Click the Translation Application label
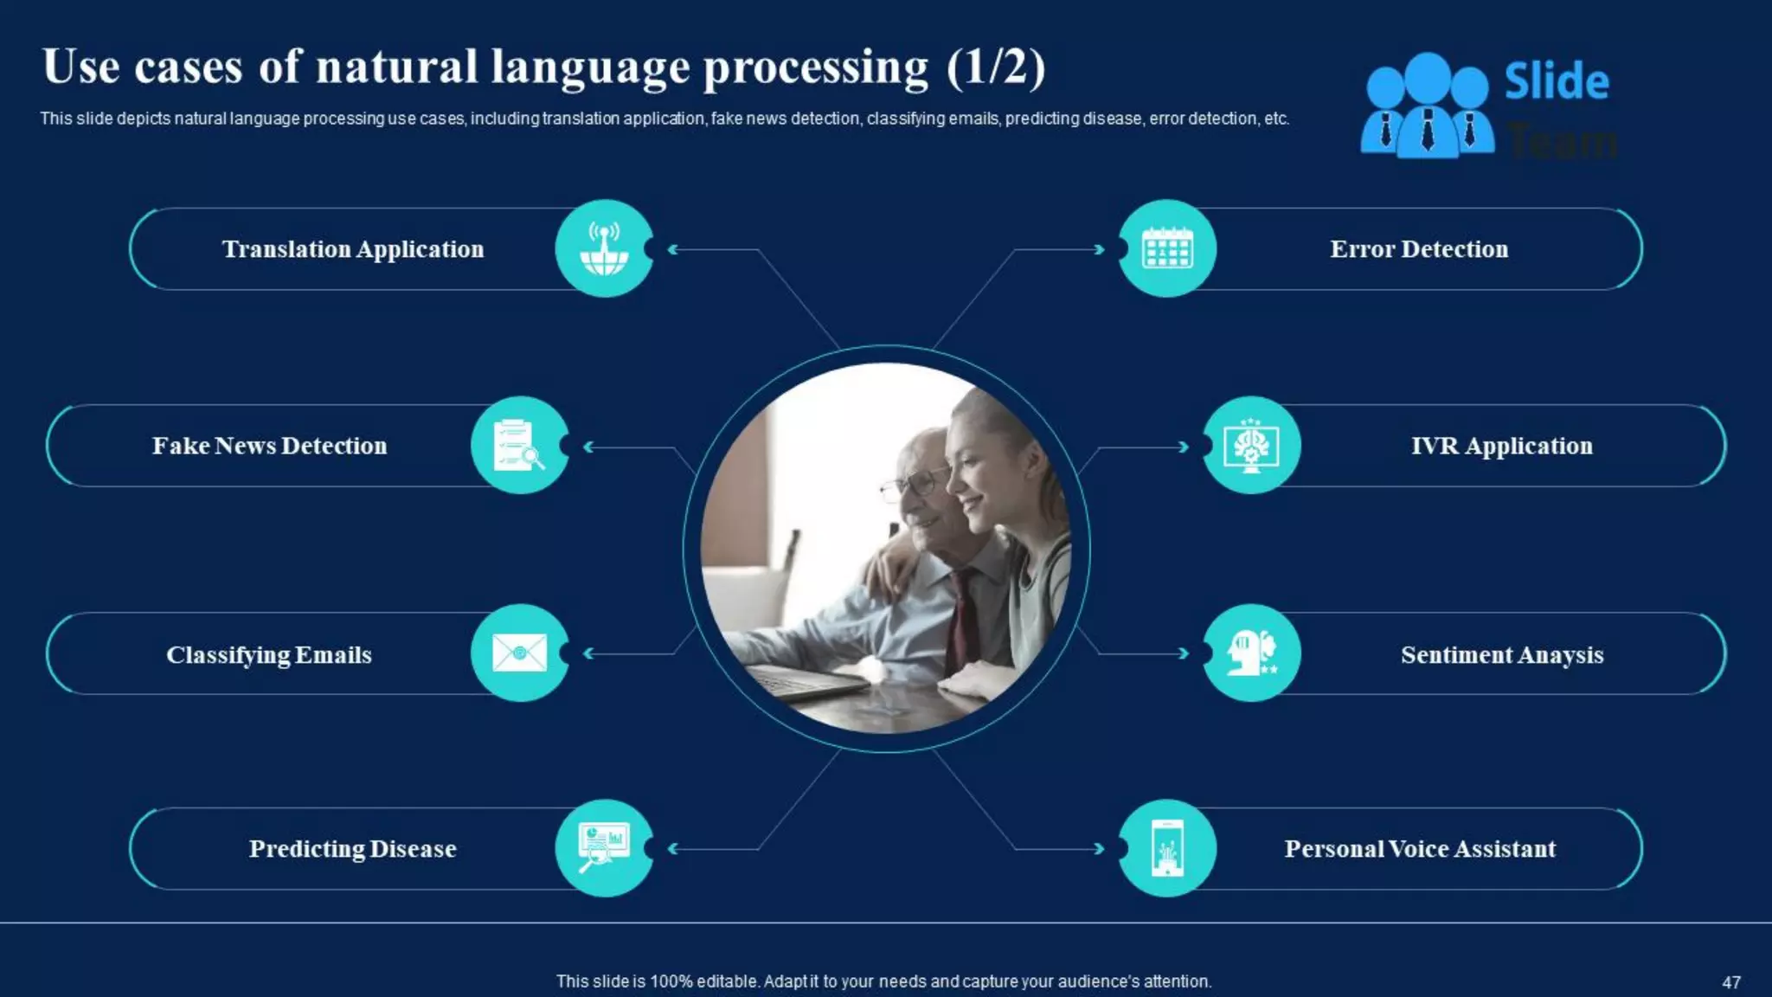coord(353,249)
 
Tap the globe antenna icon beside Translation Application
coord(604,249)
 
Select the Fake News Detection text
coord(269,446)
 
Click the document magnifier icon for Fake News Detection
coord(519,446)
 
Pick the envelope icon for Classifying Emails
coord(519,653)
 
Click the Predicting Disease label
coord(353,849)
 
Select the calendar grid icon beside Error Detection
coord(1167,249)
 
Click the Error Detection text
coord(1419,249)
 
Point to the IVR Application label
coord(1502,446)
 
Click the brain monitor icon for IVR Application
coord(1251,446)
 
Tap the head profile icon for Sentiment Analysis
coord(1251,653)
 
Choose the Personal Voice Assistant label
coord(1420,849)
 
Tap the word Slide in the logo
coord(1557,81)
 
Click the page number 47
coord(1730,982)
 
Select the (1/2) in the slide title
coord(996,67)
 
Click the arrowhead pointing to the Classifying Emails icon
coord(588,653)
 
